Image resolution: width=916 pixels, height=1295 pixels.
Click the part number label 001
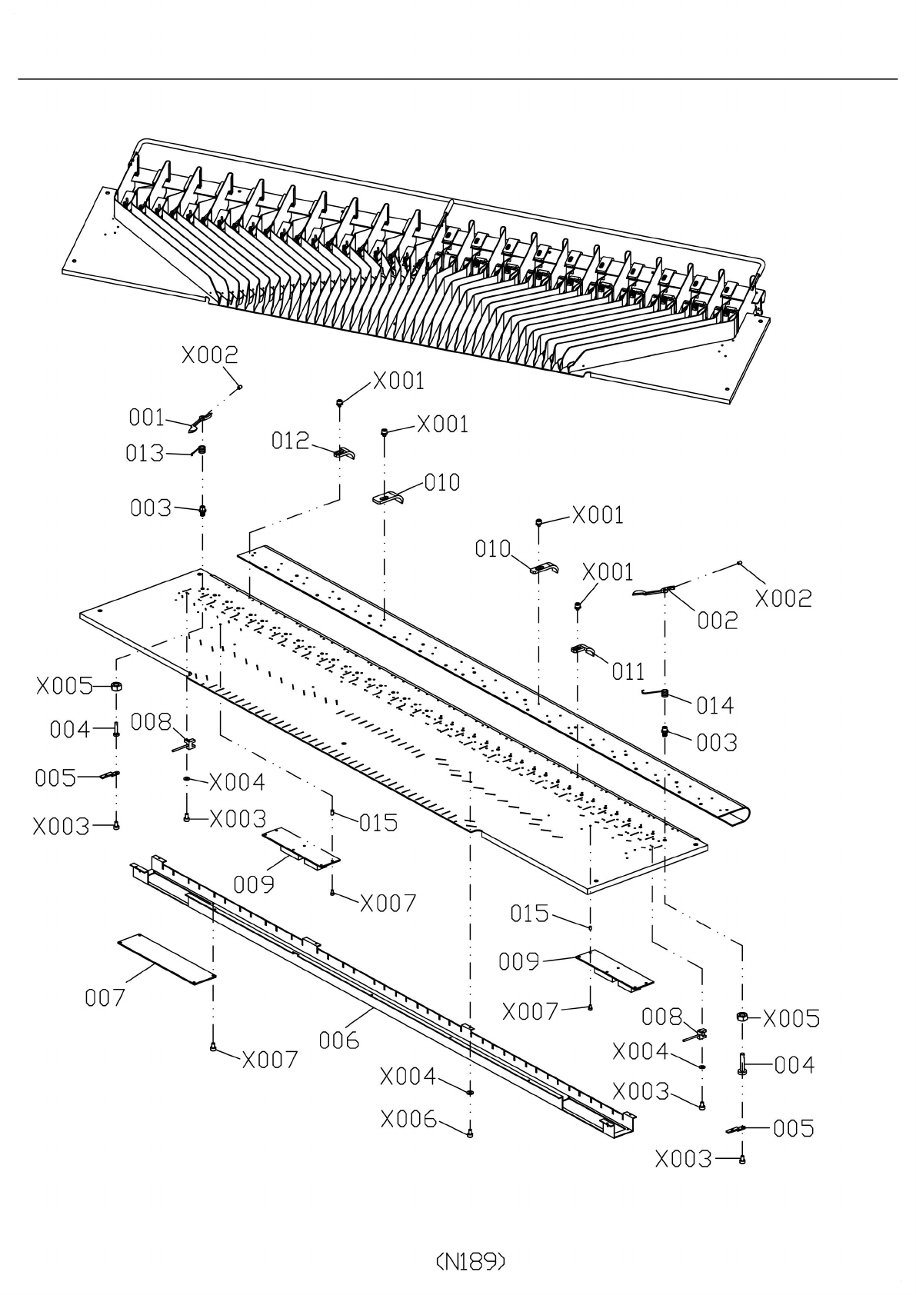146,418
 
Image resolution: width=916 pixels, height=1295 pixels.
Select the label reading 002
717,621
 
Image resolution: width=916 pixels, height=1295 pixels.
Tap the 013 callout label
145,453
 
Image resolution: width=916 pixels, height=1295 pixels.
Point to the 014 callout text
714,706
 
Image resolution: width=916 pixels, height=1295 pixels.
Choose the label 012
291,441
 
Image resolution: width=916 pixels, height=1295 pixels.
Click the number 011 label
628,672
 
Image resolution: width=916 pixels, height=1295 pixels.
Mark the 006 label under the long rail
339,1040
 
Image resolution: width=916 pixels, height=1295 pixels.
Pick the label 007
105,997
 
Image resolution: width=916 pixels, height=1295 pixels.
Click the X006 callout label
408,1120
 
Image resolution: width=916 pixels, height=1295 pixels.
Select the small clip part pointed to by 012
344,453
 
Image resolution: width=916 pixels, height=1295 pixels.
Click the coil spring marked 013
202,450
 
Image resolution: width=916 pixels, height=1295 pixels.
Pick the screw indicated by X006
470,1134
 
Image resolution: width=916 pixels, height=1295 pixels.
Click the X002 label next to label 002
784,599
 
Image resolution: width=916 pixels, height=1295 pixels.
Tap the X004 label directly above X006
408,1077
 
